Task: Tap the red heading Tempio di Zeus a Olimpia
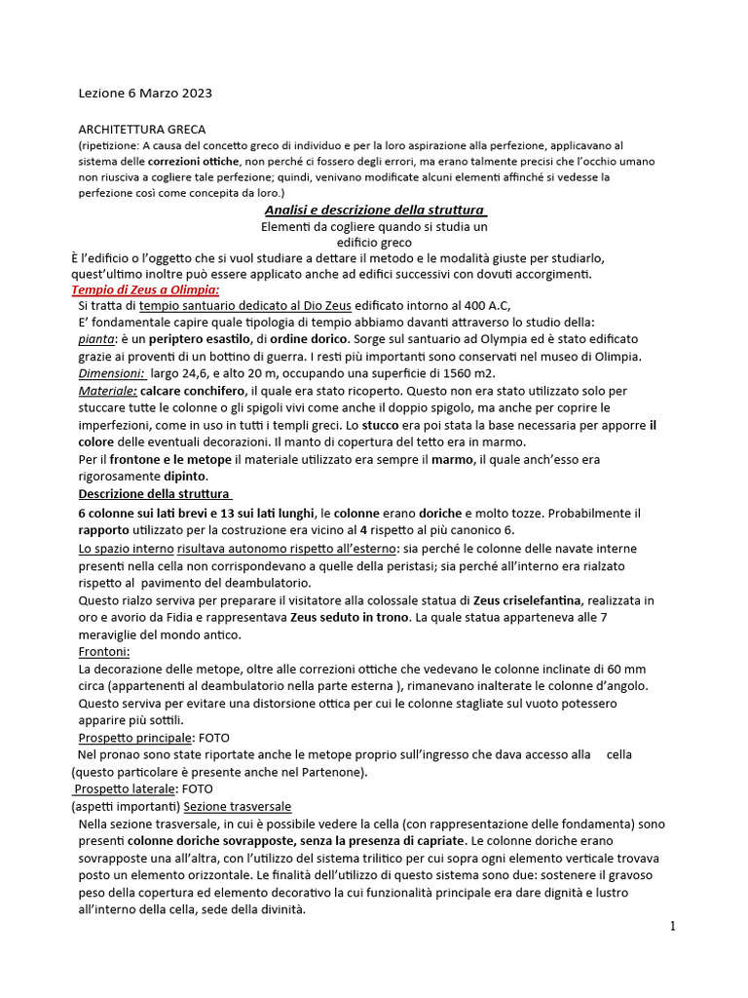tap(145, 289)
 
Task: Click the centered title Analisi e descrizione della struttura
tap(376, 210)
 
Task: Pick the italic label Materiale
tap(108, 390)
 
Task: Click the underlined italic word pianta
tap(94, 339)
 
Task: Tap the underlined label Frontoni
tap(103, 651)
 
